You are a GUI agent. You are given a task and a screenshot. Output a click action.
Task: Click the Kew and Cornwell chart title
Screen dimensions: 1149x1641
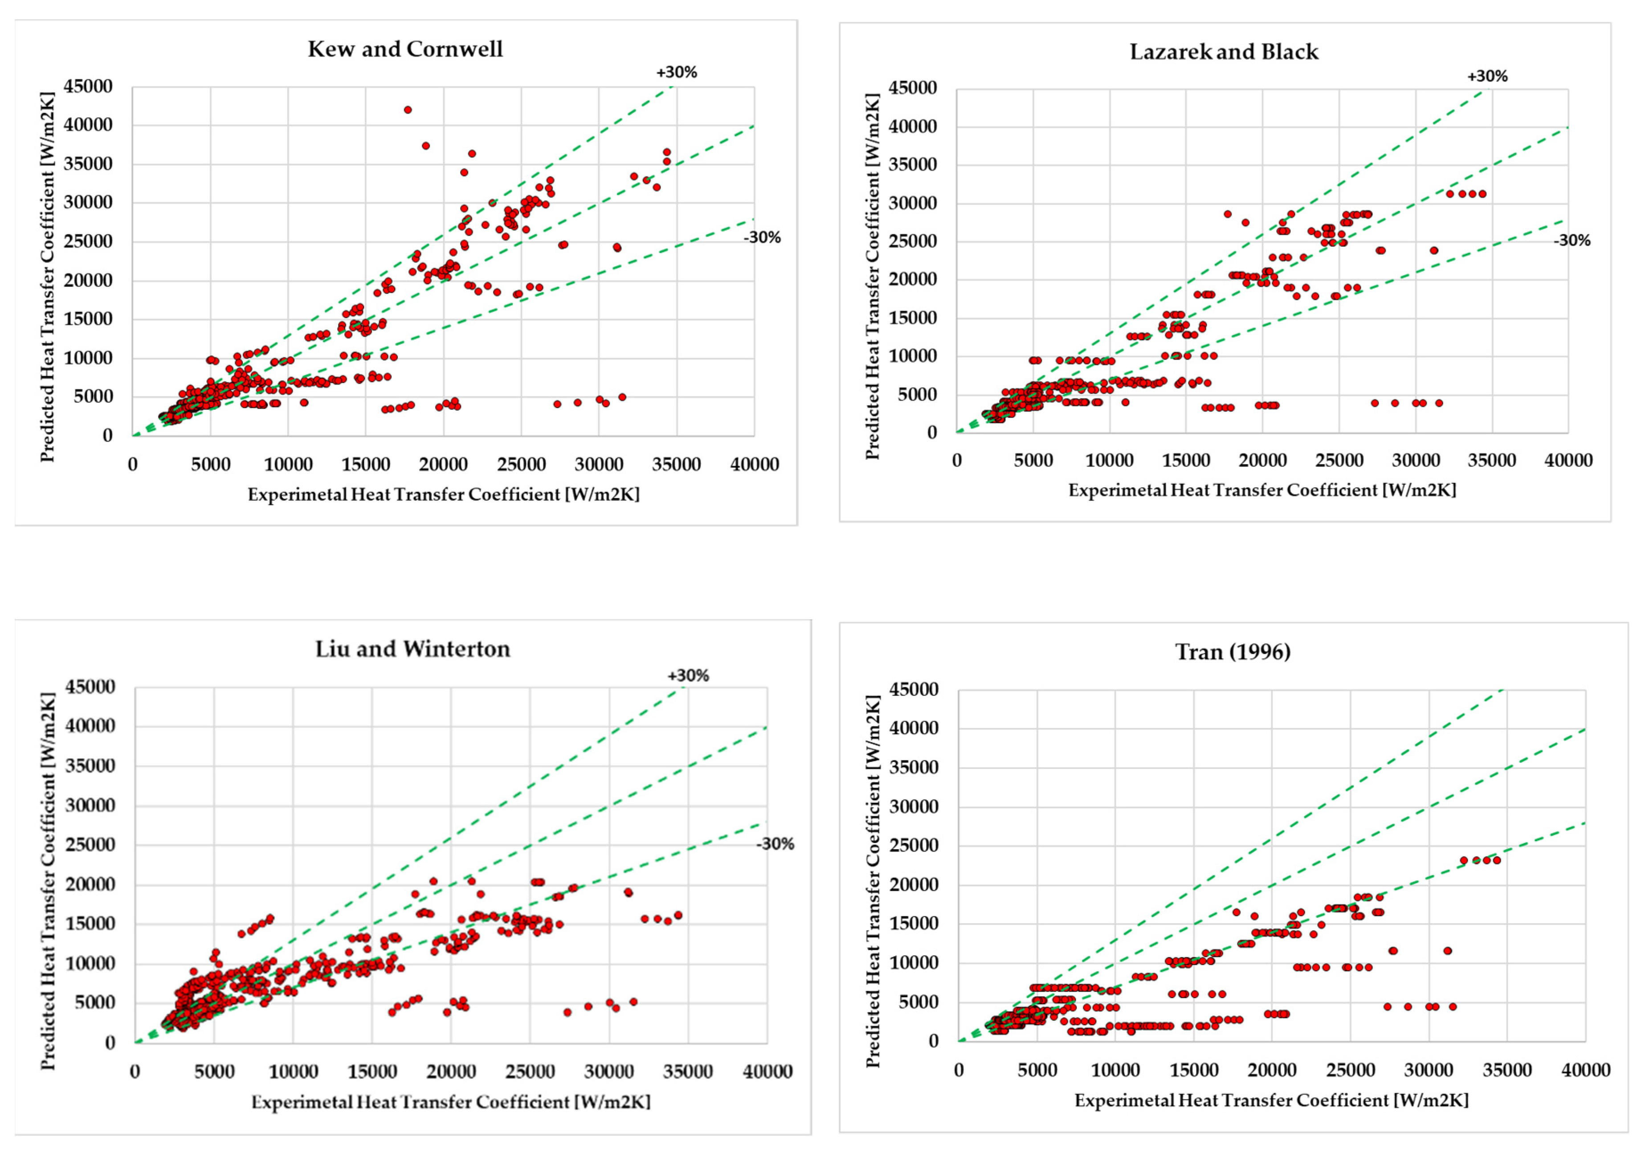pos(405,49)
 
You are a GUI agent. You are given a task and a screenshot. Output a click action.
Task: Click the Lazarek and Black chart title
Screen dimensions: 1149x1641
pos(1224,52)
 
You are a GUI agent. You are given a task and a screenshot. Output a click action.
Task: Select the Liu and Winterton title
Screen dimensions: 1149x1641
pos(412,649)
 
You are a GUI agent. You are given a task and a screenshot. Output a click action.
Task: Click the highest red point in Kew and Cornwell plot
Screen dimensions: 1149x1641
pos(408,110)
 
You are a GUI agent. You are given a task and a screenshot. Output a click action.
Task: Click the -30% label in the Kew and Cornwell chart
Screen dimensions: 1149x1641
pos(762,237)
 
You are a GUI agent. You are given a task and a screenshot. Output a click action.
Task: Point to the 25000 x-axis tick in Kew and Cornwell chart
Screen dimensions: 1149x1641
pos(521,464)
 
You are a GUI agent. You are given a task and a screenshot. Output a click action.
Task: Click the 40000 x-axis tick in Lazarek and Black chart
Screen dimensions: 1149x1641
pos(1568,461)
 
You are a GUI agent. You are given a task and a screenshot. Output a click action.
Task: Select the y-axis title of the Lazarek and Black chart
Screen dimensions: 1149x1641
pos(872,276)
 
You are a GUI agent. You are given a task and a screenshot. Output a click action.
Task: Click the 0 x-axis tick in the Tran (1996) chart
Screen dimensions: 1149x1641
pos(959,1070)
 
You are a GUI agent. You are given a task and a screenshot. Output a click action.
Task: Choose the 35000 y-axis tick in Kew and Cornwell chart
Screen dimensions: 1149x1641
pos(88,164)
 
